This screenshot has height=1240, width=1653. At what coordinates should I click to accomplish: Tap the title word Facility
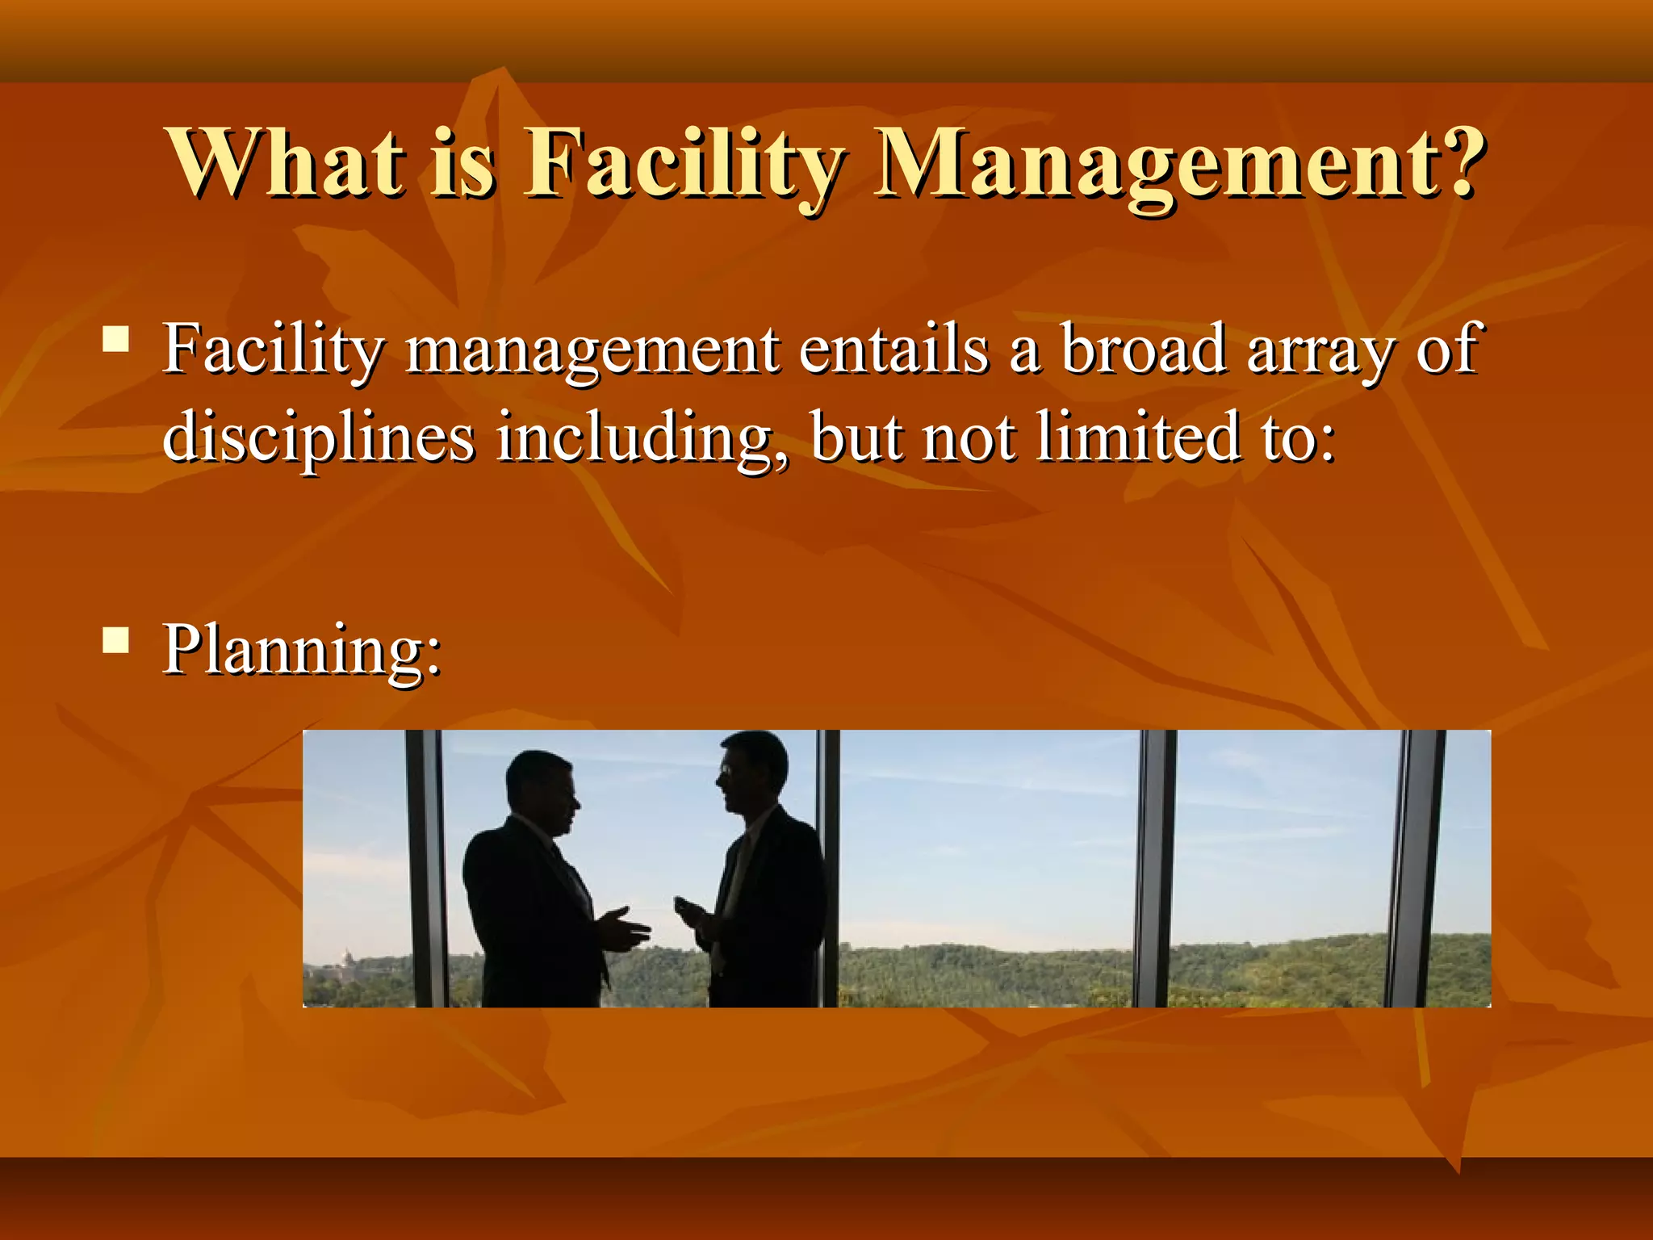[684, 165]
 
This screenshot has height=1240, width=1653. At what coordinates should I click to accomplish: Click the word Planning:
[303, 650]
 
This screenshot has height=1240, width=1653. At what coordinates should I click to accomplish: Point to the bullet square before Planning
[116, 639]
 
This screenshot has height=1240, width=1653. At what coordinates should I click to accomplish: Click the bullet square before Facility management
[116, 338]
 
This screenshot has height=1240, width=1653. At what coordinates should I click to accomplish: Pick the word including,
[642, 438]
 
